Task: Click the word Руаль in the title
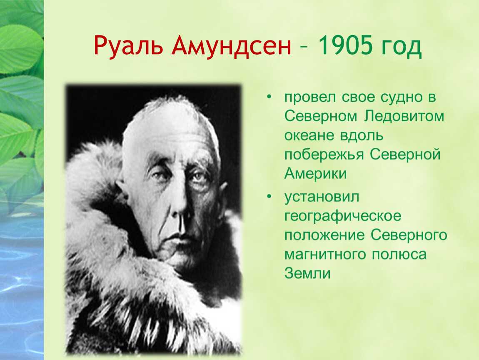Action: pos(128,46)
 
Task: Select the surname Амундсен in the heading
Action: pos(231,46)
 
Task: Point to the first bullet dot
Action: pos(269,97)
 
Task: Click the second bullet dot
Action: pos(269,197)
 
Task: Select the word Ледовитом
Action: pos(404,116)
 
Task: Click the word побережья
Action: pos(324,155)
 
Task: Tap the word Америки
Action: pos(316,174)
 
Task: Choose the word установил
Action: pos(322,197)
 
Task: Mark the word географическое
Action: pos(343,216)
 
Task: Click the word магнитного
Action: pos(325,254)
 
